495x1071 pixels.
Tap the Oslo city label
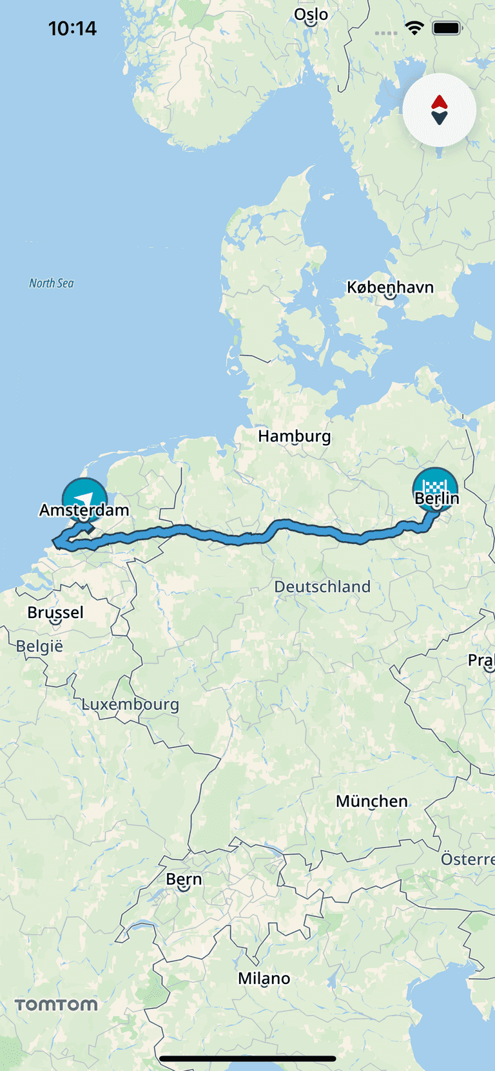(x=311, y=15)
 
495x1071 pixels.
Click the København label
(x=390, y=287)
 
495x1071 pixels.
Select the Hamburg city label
(x=294, y=436)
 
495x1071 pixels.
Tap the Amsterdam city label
(x=84, y=510)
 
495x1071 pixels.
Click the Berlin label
(x=437, y=498)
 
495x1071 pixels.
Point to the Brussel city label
(x=55, y=612)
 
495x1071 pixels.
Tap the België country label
(x=39, y=646)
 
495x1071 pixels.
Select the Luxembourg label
(x=130, y=704)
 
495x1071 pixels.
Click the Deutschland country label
(x=322, y=586)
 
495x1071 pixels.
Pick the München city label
(x=372, y=801)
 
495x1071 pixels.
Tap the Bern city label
(x=184, y=880)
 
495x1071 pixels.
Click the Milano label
(x=264, y=978)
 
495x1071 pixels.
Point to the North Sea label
(x=52, y=283)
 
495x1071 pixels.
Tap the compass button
(x=440, y=110)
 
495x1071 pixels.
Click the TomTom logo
(x=56, y=1005)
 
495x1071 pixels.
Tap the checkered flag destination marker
(x=435, y=485)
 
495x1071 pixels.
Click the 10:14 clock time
(x=72, y=28)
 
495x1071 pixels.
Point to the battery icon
(x=447, y=28)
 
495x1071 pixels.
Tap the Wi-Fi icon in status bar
(x=414, y=28)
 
